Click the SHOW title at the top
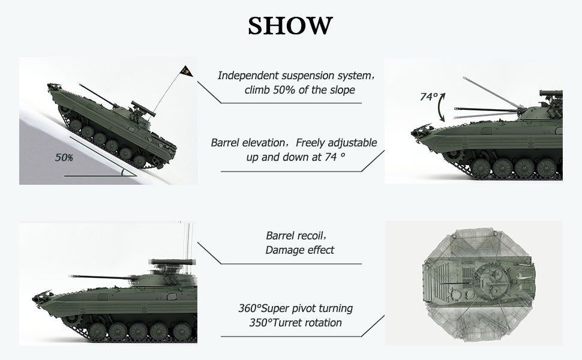pyautogui.click(x=290, y=26)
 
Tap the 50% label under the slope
pyautogui.click(x=64, y=158)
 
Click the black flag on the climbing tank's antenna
pyautogui.click(x=187, y=71)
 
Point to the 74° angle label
pyautogui.click(x=429, y=97)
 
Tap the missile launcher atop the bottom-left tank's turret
pyautogui.click(x=172, y=262)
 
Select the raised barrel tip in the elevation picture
pyautogui.click(x=464, y=79)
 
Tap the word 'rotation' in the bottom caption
pyautogui.click(x=326, y=323)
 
